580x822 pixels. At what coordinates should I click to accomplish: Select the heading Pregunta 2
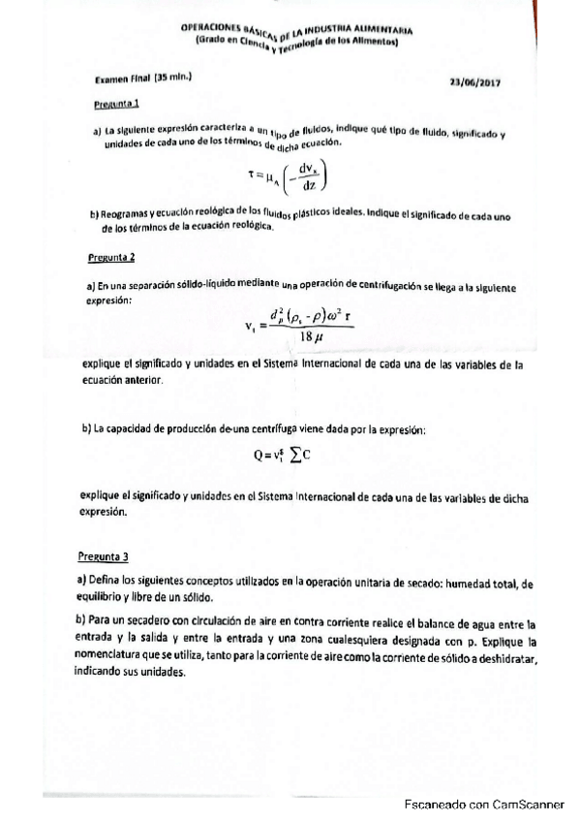(111, 259)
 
